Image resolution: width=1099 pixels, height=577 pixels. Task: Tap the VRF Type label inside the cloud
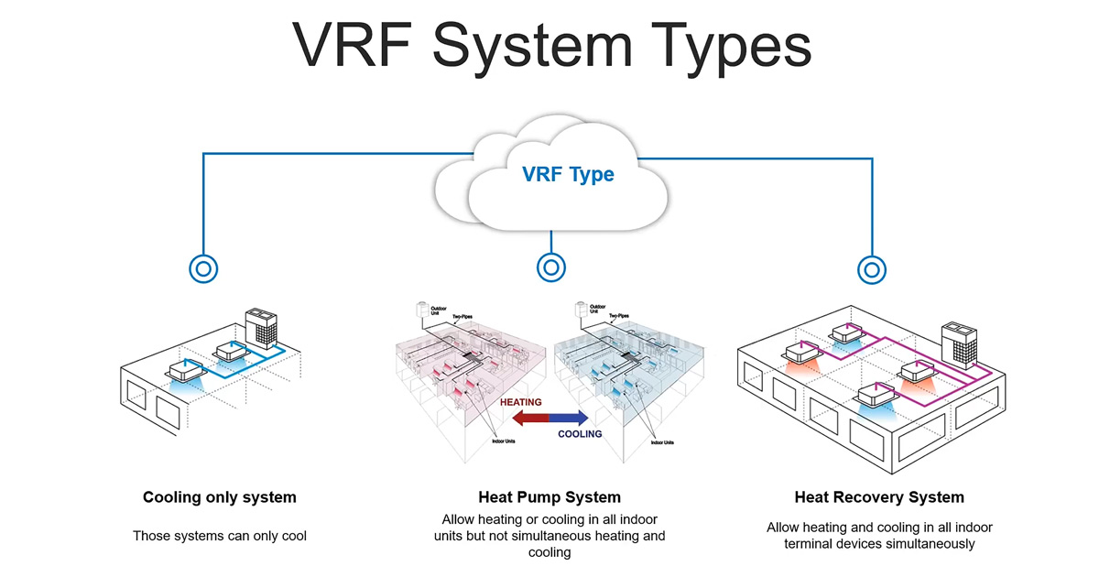pyautogui.click(x=568, y=174)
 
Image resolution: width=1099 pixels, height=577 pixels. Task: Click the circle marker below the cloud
pyautogui.click(x=550, y=267)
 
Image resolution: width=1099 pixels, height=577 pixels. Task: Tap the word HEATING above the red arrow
pyautogui.click(x=521, y=402)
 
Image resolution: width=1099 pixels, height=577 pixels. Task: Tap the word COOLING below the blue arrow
pyautogui.click(x=580, y=434)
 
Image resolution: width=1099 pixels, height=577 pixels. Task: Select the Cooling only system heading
pyautogui.click(x=220, y=497)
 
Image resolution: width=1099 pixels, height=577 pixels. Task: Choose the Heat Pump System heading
pyautogui.click(x=549, y=497)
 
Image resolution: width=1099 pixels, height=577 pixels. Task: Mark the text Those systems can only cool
pyautogui.click(x=220, y=536)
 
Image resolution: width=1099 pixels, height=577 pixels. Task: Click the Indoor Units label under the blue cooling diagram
pyautogui.click(x=662, y=442)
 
